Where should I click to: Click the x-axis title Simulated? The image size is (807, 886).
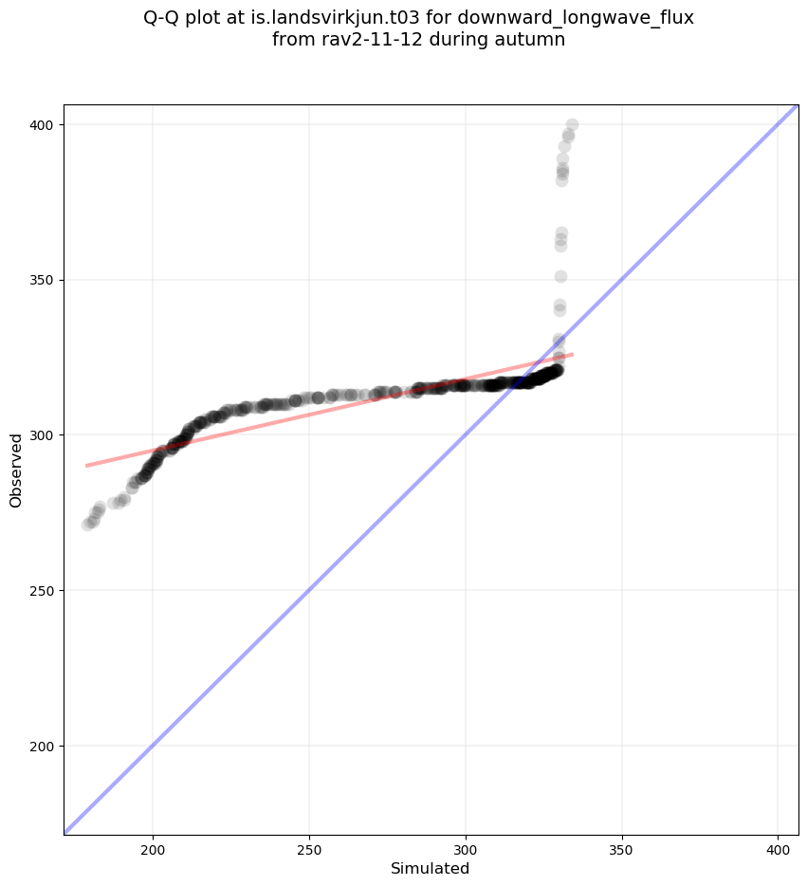[431, 868]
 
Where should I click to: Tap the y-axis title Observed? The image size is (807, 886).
[16, 470]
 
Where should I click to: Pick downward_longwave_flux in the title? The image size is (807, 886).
[576, 18]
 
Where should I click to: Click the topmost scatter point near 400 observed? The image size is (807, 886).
[572, 124]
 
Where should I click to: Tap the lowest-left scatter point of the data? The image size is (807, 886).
[88, 525]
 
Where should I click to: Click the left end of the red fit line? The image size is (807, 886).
[86, 466]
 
